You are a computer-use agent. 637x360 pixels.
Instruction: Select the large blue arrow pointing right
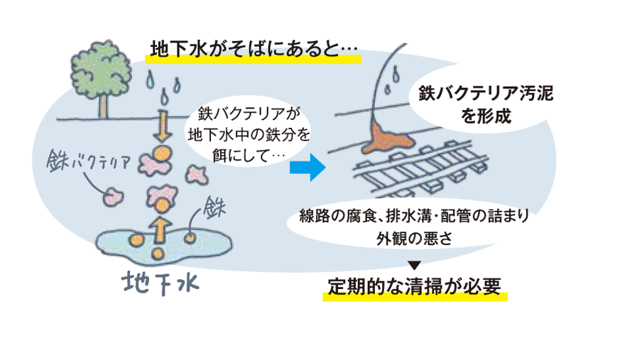(x=307, y=168)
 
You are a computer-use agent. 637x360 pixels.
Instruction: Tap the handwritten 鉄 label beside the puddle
(x=214, y=207)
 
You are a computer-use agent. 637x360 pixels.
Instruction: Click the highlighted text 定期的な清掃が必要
(x=415, y=286)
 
